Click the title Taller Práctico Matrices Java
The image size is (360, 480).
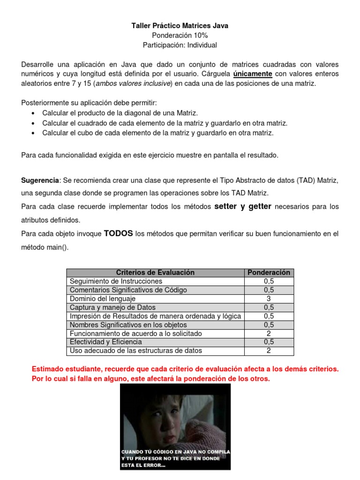point(180,26)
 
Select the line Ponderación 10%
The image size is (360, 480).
point(180,36)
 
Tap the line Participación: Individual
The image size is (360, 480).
point(180,45)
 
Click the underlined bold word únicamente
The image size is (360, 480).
point(253,74)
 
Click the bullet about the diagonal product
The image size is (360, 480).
point(120,113)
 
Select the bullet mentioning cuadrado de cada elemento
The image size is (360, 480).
point(165,123)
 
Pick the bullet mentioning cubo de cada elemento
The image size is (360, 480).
point(157,133)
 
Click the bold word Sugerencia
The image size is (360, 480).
point(40,180)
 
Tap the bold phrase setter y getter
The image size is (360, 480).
point(243,206)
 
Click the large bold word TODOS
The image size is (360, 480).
point(118,233)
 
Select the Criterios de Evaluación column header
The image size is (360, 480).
point(155,272)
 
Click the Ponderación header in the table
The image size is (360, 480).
point(269,272)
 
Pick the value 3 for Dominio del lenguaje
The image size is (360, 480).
point(269,299)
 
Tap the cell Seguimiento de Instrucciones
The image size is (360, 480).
point(116,281)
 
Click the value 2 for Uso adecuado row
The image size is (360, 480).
point(269,351)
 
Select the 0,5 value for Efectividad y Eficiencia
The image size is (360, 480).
point(269,342)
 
